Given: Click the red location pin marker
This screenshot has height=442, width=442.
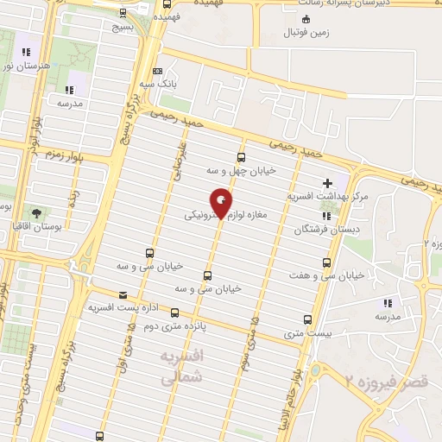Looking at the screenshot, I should (223, 203).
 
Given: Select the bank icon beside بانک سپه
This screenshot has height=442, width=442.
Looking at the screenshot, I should (157, 72).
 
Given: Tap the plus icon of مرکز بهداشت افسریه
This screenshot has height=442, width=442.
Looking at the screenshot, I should (326, 183).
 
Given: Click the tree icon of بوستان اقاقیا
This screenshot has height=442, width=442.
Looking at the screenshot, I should (35, 213).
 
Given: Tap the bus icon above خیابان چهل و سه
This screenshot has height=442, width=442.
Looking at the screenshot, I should (240, 157).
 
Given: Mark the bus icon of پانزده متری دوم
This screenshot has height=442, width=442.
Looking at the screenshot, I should (175, 313).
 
